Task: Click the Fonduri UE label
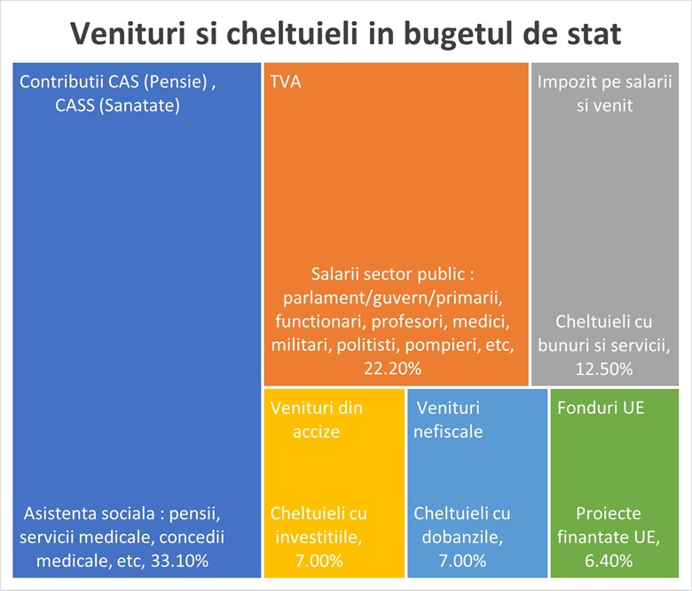click(601, 408)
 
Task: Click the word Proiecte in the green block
click(608, 513)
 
